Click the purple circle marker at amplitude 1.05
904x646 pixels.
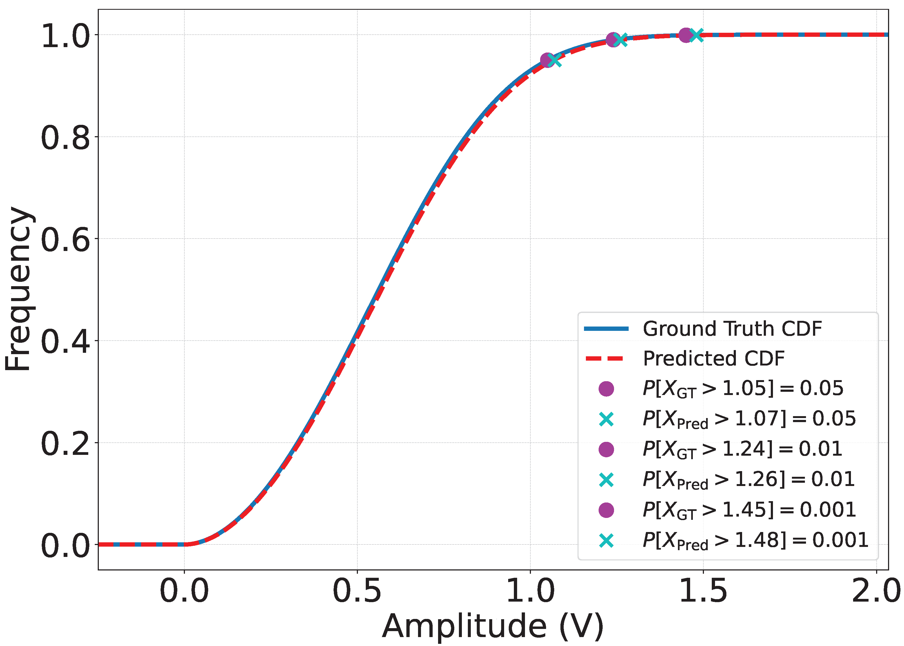click(548, 60)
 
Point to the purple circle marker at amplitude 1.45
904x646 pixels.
click(686, 35)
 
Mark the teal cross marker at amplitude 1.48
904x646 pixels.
click(696, 35)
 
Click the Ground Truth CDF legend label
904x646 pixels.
click(732, 329)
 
